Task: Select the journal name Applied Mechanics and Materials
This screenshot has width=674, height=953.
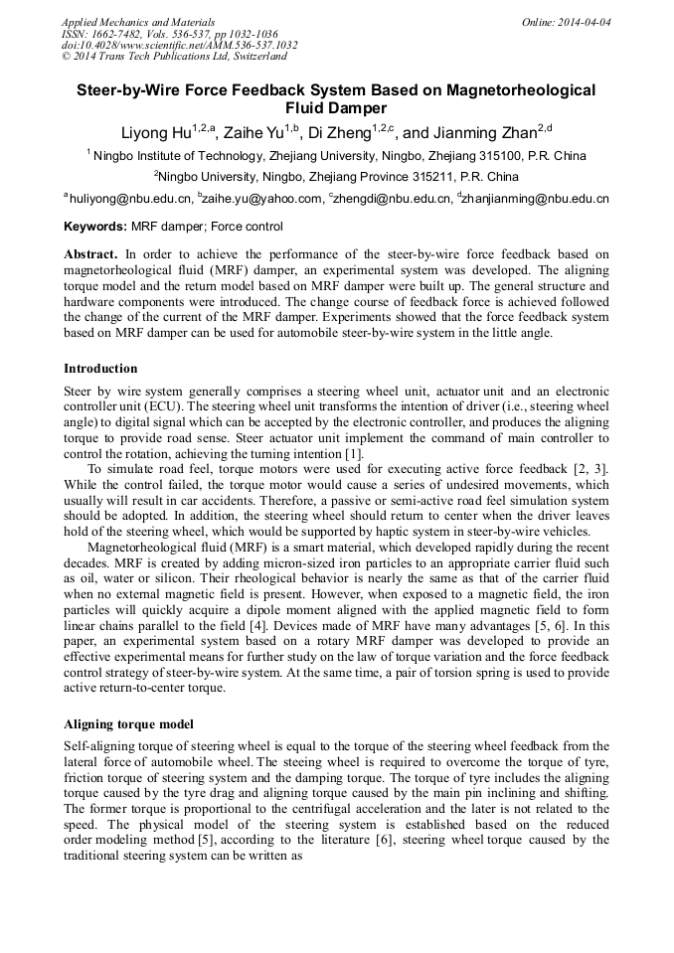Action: (x=138, y=21)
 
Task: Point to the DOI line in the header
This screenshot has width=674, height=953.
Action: (x=179, y=45)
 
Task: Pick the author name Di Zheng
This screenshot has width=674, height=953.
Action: (x=339, y=132)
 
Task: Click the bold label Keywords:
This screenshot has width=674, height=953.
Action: (x=94, y=227)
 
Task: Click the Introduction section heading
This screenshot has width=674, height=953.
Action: (x=100, y=369)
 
